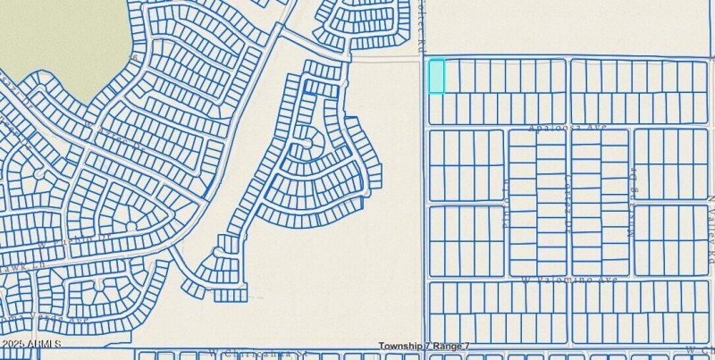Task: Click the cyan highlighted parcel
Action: (x=436, y=76)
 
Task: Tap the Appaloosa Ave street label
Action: (x=568, y=127)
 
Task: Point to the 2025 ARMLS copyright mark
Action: (x=31, y=344)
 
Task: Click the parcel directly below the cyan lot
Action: (x=436, y=108)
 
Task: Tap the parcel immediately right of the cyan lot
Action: (x=452, y=76)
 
